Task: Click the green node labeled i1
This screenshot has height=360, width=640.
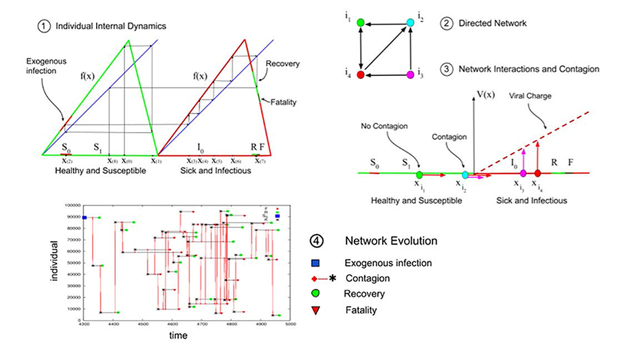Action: tap(361, 23)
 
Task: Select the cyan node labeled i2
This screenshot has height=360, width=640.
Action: tap(411, 23)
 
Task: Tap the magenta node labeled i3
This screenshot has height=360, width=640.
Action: tap(411, 75)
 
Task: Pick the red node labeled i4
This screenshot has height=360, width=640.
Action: tap(361, 75)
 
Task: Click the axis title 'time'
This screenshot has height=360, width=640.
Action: tap(177, 336)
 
